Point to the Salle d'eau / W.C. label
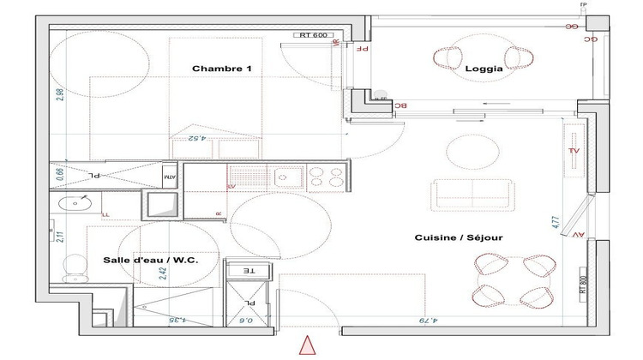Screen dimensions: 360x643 145,261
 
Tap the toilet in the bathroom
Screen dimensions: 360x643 75,267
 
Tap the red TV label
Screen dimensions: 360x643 574,150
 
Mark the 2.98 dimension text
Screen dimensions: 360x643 59,94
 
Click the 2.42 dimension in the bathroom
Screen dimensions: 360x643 162,273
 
